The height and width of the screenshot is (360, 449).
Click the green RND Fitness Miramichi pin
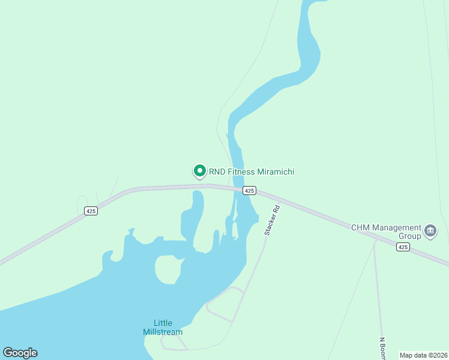[x=199, y=172]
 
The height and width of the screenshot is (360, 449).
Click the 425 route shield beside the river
[x=250, y=190]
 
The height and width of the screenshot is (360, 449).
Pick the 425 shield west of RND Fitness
[x=91, y=211]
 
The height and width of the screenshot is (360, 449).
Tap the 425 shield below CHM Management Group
[x=403, y=247]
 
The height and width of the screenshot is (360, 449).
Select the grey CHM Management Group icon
[x=430, y=231]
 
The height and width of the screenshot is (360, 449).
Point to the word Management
[x=397, y=227]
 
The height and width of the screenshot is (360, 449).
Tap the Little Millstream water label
[x=163, y=327]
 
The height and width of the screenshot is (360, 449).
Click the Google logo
[x=20, y=353]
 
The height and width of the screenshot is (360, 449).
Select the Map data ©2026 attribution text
[x=423, y=355]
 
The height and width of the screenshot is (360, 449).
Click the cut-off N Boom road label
[x=382, y=348]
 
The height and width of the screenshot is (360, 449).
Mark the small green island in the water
[x=167, y=269]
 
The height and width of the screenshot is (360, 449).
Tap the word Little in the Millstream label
[x=163, y=322]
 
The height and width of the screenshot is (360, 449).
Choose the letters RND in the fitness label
[x=217, y=172]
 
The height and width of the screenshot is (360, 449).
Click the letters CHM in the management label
[x=361, y=227]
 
